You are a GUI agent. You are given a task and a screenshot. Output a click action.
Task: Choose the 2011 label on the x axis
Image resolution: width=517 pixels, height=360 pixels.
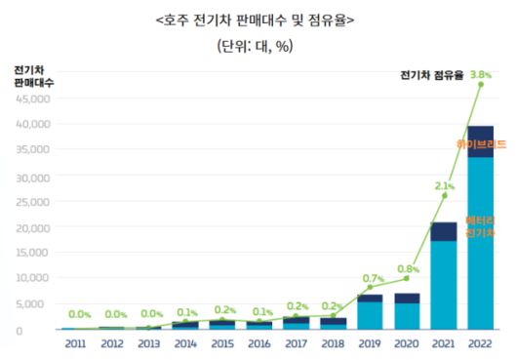tap(75, 344)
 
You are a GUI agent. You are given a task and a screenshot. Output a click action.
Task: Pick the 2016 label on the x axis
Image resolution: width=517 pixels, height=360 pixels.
tap(259, 344)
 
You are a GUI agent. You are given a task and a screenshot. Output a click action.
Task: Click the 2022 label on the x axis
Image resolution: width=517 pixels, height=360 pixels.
tap(480, 344)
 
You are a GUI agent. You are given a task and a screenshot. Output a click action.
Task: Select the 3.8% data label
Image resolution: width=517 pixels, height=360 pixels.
tap(481, 73)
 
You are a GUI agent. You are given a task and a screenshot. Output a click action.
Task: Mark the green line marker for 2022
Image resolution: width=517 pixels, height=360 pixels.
tap(480, 85)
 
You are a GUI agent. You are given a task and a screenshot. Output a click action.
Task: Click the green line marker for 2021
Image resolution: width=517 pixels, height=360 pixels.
tap(444, 195)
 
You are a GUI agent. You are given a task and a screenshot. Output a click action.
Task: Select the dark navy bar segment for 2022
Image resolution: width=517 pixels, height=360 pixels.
tap(480, 140)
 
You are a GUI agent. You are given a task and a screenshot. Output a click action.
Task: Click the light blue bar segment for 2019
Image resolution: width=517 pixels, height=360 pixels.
tap(370, 315)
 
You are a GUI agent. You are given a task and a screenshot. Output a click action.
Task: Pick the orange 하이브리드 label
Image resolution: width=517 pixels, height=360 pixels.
tap(480, 144)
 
